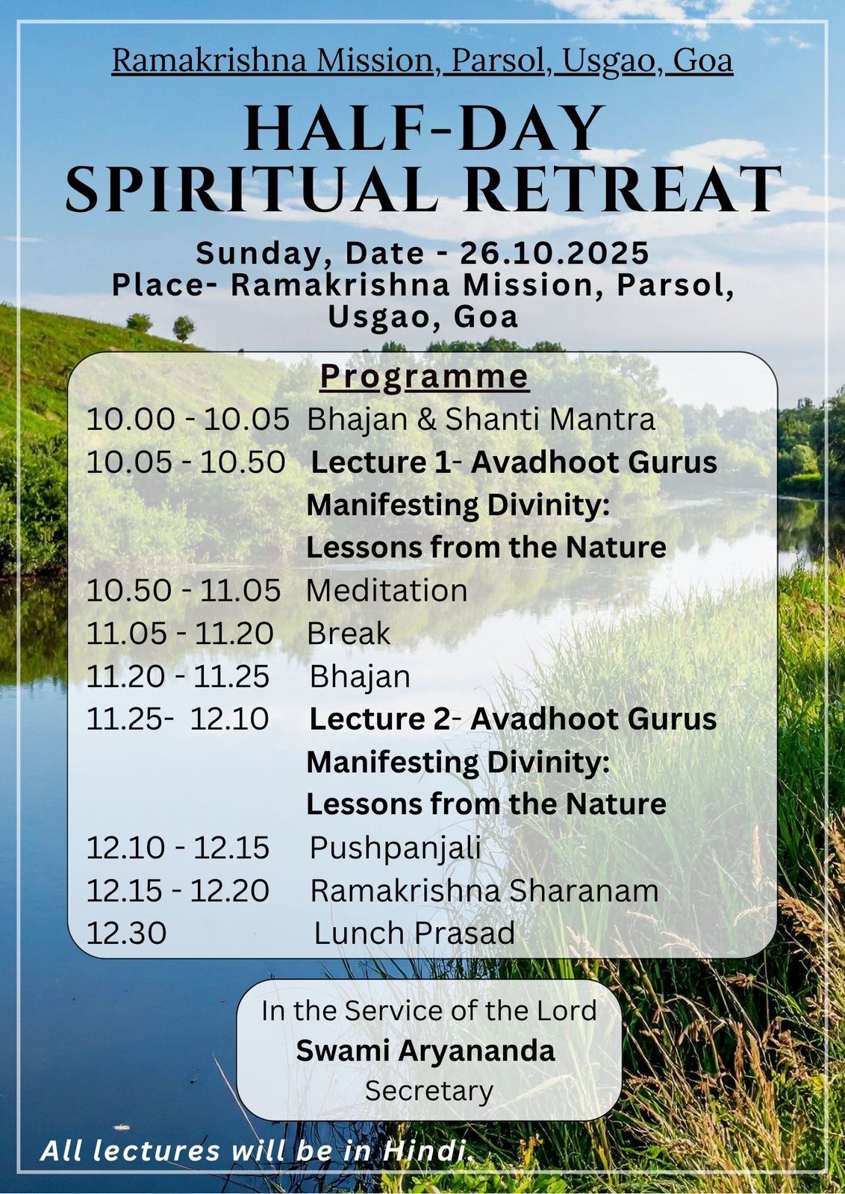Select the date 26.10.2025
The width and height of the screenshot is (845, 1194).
(554, 253)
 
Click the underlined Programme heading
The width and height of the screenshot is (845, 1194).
(424, 378)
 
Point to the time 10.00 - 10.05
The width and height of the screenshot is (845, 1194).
(187, 419)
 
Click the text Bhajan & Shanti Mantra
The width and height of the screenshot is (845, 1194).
(481, 419)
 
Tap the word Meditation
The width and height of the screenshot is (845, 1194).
(387, 591)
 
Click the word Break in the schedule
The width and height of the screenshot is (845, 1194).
(348, 634)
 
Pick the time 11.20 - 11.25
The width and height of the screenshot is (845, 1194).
(178, 677)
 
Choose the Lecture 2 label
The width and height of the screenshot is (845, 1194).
(380, 719)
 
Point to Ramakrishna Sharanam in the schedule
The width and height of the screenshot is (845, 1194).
(484, 891)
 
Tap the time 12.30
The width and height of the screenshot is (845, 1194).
(126, 934)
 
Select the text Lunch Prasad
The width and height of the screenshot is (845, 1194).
(414, 934)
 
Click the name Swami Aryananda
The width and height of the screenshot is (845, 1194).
(425, 1051)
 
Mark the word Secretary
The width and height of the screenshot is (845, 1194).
(428, 1091)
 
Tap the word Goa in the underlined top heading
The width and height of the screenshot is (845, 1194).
(702, 60)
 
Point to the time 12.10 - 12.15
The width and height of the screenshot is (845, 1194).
(178, 848)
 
